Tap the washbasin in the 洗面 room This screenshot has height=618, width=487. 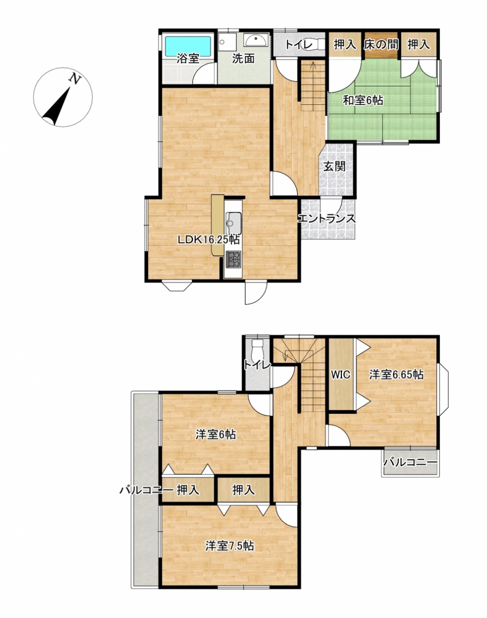click(x=256, y=40)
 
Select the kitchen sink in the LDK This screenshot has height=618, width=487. click(x=234, y=223)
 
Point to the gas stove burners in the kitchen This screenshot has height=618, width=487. click(x=234, y=259)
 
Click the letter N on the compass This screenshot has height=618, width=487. click(x=75, y=78)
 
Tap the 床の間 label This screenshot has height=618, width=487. click(x=381, y=44)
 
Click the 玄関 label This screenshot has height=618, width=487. click(x=335, y=167)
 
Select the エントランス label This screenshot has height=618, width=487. click(x=327, y=219)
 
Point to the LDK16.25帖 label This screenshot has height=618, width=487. click(x=208, y=239)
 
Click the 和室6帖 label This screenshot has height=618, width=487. click(x=363, y=100)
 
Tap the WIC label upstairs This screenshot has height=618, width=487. click(x=340, y=375)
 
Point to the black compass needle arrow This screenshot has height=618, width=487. click(x=56, y=107)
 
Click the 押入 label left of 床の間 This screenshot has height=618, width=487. click(x=345, y=44)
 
